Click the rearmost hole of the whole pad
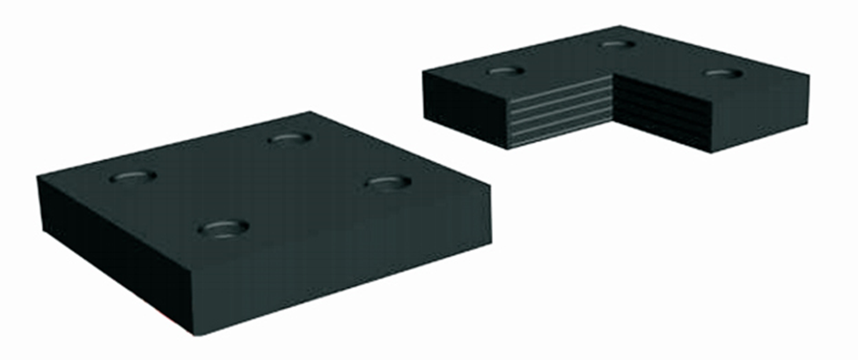point(290,138)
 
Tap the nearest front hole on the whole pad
point(222,229)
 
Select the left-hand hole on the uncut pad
point(133,176)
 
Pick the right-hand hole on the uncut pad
point(387,182)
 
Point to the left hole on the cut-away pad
point(505,70)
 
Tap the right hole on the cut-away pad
point(723,72)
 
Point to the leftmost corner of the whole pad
point(38,179)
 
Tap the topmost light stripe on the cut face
point(560,87)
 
